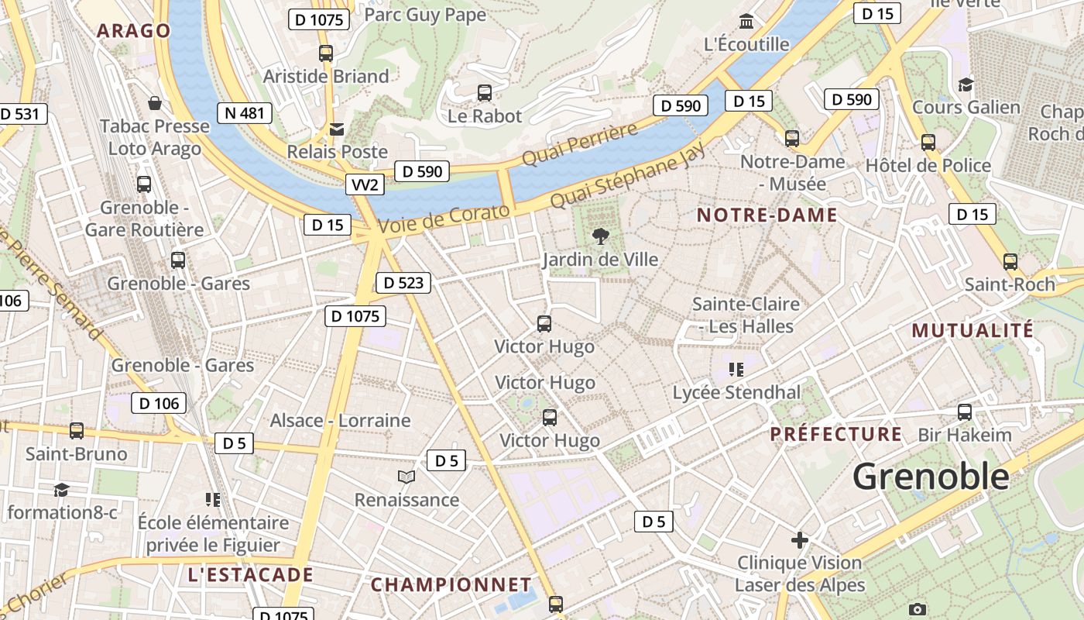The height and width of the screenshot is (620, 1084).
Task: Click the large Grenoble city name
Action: [x=931, y=476]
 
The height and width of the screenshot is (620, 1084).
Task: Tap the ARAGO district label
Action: [x=133, y=31]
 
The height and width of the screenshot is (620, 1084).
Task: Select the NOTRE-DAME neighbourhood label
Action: [x=767, y=215]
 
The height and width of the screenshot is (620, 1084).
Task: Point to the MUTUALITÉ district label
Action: [x=973, y=330]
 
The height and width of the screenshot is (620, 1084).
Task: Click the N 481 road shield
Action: [x=245, y=113]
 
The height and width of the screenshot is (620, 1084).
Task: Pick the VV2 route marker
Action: [x=365, y=184]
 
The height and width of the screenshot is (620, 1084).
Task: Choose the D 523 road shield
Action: [x=403, y=283]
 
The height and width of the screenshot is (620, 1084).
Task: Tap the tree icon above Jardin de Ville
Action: [x=600, y=236]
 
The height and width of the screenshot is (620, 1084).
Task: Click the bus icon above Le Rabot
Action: [x=485, y=93]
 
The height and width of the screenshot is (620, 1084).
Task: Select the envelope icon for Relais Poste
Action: [x=337, y=129]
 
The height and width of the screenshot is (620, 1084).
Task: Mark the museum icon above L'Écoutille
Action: [x=746, y=21]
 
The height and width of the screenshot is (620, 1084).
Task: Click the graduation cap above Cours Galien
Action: [x=966, y=84]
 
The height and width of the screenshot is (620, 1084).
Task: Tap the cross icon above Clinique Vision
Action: [x=800, y=539]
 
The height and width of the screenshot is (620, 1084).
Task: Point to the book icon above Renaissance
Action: [x=406, y=477]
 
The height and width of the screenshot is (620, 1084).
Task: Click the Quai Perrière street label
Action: [x=579, y=143]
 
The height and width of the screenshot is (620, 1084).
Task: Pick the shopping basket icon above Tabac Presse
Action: [x=155, y=103]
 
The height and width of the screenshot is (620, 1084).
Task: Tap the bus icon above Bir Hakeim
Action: [x=965, y=412]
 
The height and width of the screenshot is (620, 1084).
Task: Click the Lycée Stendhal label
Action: [x=736, y=393]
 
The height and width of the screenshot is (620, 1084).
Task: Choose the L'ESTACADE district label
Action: [x=250, y=575]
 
